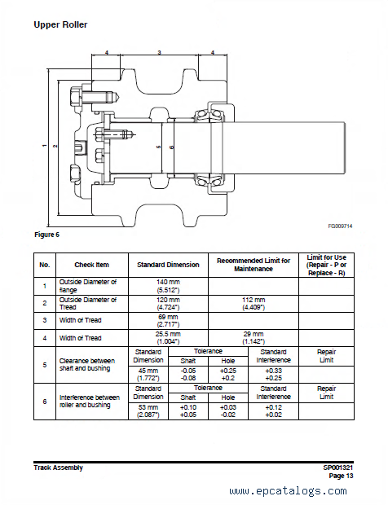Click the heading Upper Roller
point(60,24)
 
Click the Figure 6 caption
point(46,235)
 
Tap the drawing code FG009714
point(340,226)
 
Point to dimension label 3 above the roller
point(159,52)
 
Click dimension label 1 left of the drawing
point(45,146)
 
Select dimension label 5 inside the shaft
point(159,147)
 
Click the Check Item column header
point(92,265)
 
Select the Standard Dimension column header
point(168,265)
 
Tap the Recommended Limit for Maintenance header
point(254,265)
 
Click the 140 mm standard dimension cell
point(168,286)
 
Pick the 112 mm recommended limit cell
point(254,303)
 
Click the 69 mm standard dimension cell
point(168,321)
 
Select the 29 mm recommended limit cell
point(254,338)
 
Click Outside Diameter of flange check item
point(88,286)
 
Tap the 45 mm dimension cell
point(148,374)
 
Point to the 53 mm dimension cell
point(148,411)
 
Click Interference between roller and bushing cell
point(90,402)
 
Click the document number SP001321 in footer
point(338,468)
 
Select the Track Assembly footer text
point(59,468)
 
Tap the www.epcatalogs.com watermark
point(288,491)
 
